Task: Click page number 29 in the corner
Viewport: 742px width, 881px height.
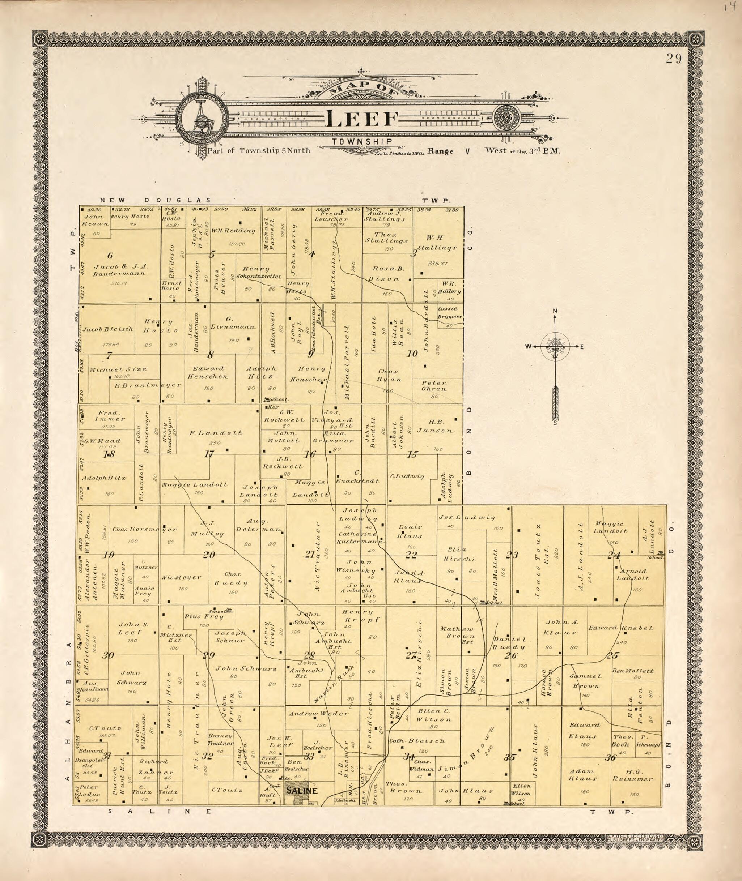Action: click(x=673, y=59)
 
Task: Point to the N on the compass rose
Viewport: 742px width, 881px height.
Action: click(x=555, y=311)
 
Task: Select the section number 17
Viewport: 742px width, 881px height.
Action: click(x=209, y=454)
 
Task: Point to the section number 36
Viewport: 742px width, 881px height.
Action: click(x=610, y=757)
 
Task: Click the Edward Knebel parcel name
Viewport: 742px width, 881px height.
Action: click(x=620, y=628)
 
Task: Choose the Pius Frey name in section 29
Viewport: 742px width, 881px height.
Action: click(x=204, y=616)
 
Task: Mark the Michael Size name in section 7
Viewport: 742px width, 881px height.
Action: click(x=118, y=369)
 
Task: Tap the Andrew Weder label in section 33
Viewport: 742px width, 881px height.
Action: click(x=318, y=713)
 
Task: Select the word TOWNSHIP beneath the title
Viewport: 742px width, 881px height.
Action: click(x=362, y=142)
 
